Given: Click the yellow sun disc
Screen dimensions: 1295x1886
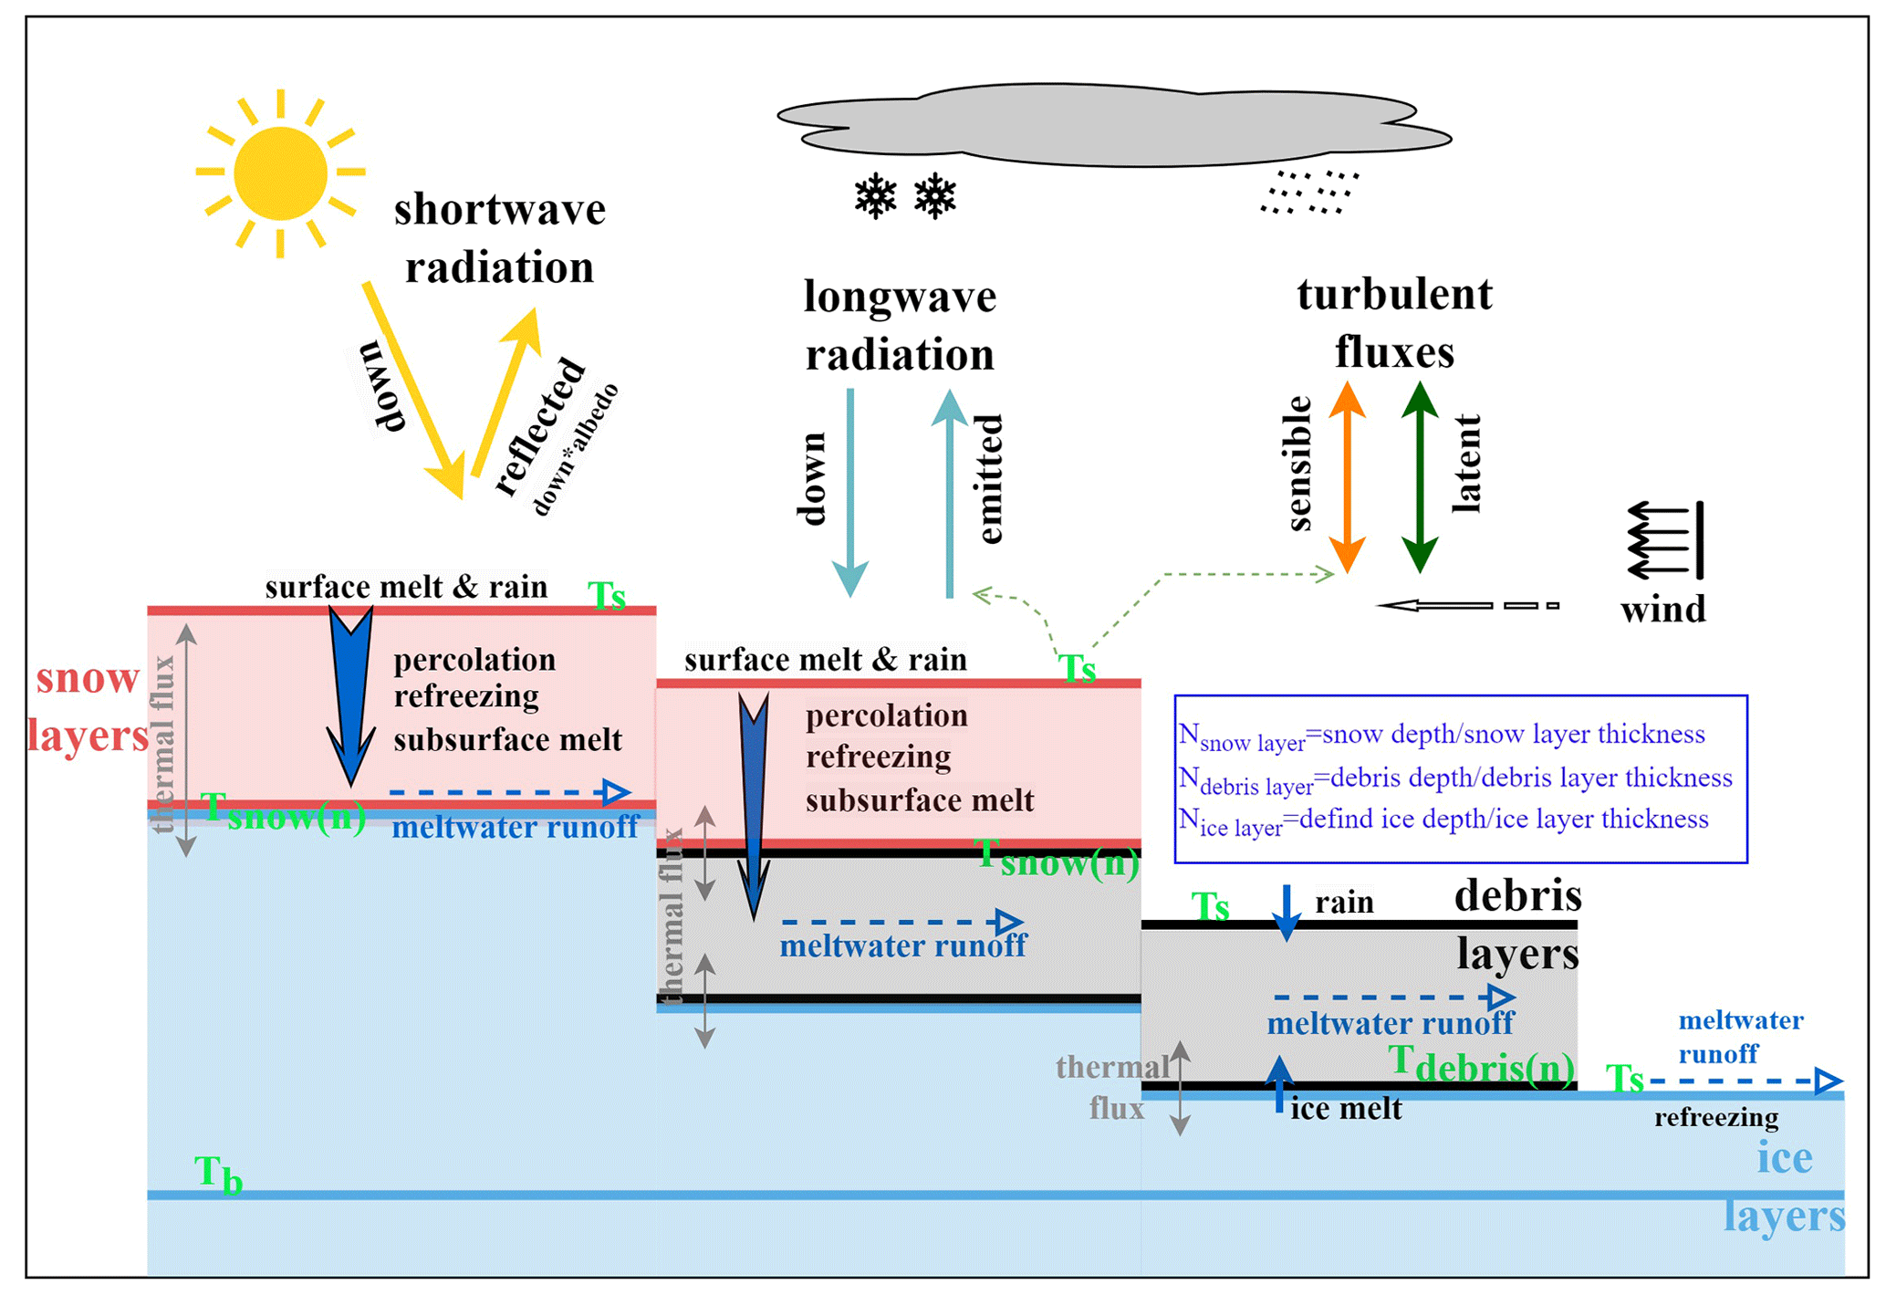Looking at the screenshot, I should point(279,173).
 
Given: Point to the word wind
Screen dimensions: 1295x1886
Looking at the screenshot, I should point(1662,609).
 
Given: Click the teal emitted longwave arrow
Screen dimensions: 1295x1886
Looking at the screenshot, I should point(950,493).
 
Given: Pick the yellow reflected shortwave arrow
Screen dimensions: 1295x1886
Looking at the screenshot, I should point(506,392).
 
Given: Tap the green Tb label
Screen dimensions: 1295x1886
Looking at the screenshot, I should point(218,1175).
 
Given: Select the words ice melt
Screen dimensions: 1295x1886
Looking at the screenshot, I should point(1346,1109).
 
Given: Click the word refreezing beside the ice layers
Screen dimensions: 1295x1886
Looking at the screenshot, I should point(1715,1117).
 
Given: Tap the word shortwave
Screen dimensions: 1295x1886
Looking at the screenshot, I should point(499,210).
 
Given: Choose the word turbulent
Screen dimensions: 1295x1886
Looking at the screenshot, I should point(1394,295).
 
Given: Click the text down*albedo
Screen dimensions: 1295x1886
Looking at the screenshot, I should point(575,450).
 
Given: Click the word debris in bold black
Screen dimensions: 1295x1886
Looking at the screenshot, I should point(1517,895).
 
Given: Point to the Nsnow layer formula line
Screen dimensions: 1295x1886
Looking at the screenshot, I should point(1442,736).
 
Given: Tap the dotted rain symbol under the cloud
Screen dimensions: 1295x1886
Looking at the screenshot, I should point(1309,193).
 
